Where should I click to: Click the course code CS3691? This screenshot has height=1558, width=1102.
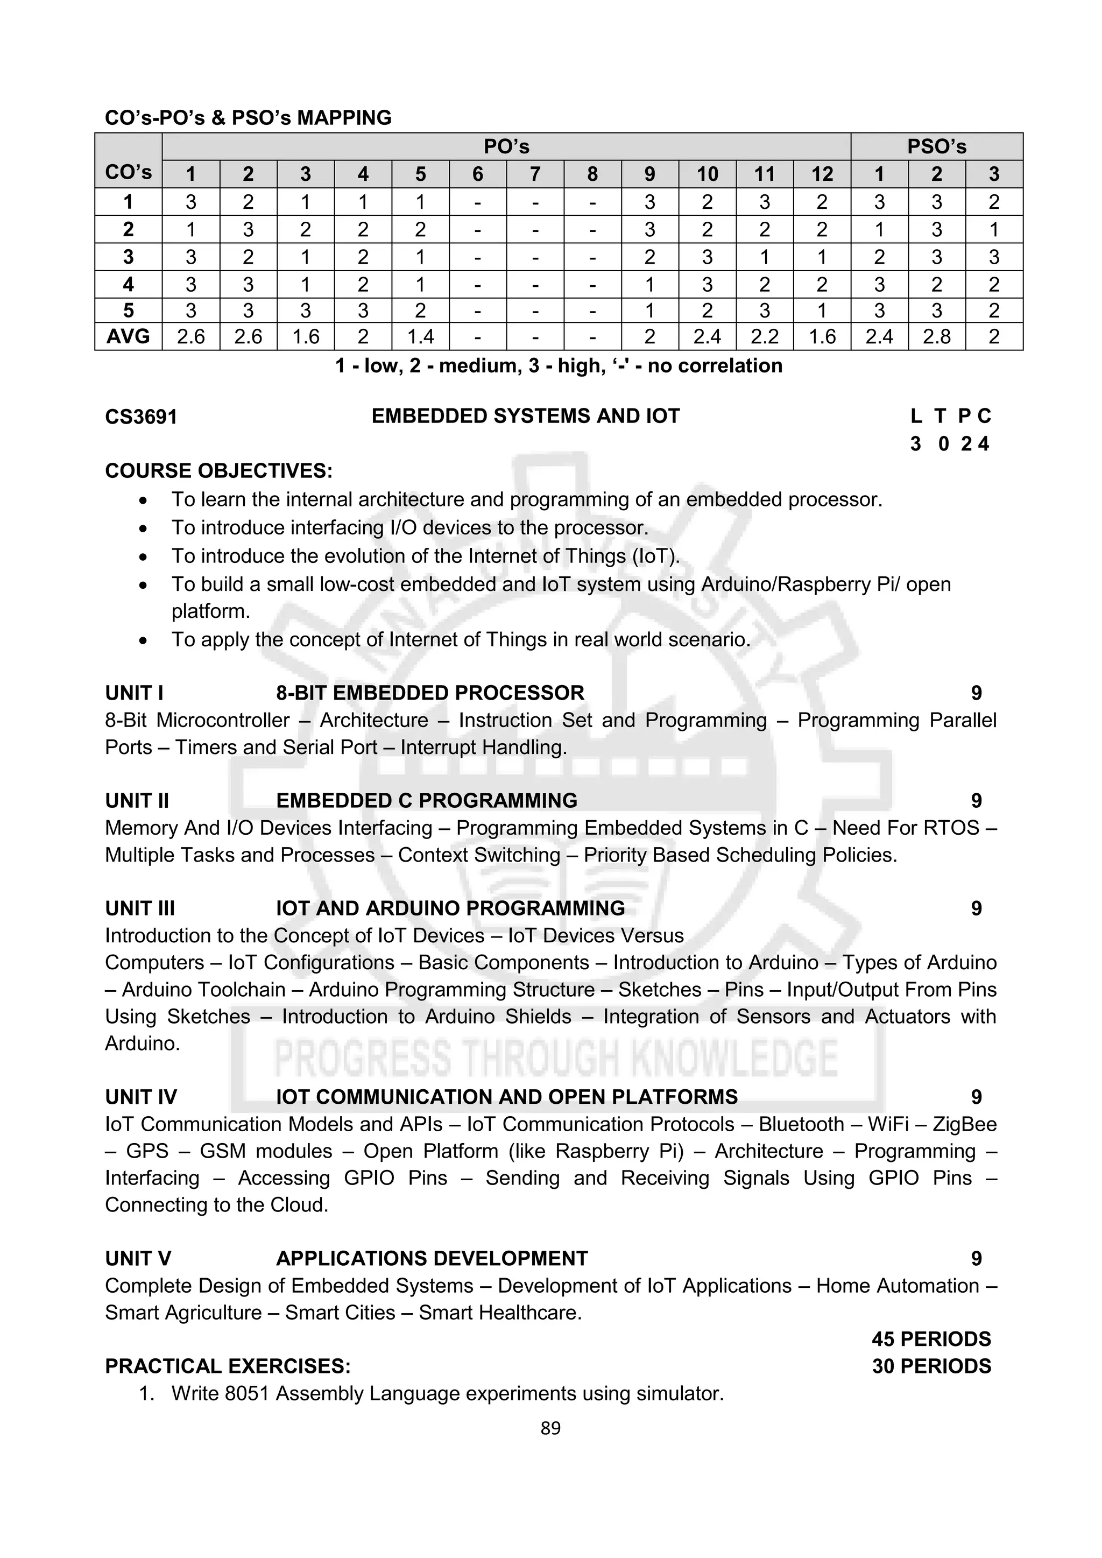(141, 417)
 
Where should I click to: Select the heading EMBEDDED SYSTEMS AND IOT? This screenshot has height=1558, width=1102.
(525, 416)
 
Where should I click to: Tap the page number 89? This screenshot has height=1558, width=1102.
(550, 1428)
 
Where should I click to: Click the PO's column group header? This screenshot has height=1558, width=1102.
(506, 146)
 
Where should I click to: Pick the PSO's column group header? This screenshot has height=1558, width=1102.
(936, 146)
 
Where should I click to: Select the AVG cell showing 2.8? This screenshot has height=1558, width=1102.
(936, 336)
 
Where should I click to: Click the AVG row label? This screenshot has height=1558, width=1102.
(128, 336)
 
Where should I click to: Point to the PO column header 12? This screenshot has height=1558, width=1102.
(822, 174)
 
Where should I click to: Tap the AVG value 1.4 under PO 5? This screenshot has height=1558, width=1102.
(420, 336)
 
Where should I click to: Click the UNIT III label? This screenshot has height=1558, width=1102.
(140, 908)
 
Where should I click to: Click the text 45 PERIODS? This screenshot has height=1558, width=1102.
(931, 1339)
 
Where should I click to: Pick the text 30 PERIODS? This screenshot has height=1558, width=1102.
(931, 1366)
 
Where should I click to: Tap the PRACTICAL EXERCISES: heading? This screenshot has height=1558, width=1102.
(228, 1366)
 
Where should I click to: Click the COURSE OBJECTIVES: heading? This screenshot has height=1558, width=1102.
(218, 471)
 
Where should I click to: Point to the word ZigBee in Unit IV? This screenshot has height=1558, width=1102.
(964, 1124)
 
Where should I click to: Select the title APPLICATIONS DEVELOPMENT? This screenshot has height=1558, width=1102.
(432, 1258)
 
